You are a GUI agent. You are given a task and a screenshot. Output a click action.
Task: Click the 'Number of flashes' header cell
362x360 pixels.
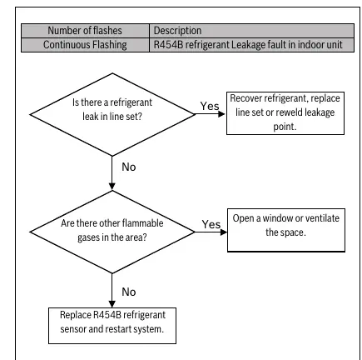pyautogui.click(x=85, y=31)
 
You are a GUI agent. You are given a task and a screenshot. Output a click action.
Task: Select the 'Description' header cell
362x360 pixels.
pyautogui.click(x=251, y=31)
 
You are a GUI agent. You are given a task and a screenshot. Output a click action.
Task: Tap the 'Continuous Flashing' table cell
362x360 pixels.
pyautogui.click(x=85, y=45)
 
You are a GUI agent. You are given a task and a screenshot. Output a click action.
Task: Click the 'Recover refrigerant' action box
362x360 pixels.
pyautogui.click(x=285, y=113)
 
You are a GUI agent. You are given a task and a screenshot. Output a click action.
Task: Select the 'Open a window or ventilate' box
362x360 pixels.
pyautogui.click(x=286, y=230)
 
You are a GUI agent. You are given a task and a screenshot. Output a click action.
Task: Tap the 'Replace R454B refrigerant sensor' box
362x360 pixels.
pyautogui.click(x=112, y=326)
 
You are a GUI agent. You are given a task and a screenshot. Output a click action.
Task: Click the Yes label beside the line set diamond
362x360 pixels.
pyautogui.click(x=210, y=106)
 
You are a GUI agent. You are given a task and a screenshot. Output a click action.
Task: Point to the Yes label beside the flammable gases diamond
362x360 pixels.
pyautogui.click(x=211, y=224)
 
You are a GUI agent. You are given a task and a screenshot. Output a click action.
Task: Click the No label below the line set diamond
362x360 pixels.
pyautogui.click(x=129, y=167)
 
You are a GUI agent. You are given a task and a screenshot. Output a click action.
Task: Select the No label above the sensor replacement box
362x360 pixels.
pyautogui.click(x=129, y=292)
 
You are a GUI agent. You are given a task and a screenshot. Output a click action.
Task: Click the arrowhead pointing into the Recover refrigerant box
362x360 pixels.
pyautogui.click(x=222, y=114)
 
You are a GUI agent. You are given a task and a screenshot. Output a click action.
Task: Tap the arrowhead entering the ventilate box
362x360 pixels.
pyautogui.click(x=224, y=232)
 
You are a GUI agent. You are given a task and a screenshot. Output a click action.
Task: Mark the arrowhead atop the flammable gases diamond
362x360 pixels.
pyautogui.click(x=112, y=187)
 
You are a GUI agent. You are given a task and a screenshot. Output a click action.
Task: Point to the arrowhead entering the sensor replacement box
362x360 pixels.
pyautogui.click(x=112, y=304)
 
